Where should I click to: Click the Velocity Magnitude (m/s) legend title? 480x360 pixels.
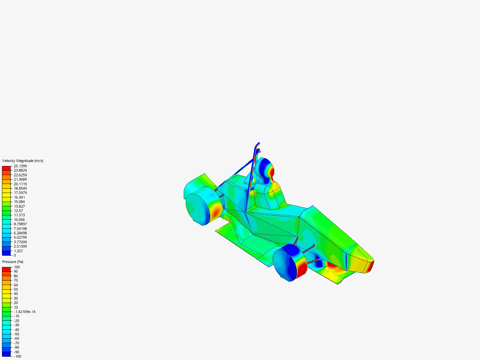point(23,161)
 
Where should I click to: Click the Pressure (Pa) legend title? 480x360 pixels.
point(13,262)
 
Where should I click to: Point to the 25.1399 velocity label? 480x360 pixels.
point(20,166)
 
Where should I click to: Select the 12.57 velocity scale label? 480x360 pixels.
point(18,211)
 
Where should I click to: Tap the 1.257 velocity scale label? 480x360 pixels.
point(18,251)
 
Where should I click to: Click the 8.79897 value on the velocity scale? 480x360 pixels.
point(20,224)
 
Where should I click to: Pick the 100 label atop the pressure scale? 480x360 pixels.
point(17,267)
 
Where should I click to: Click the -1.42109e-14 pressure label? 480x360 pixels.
point(24,312)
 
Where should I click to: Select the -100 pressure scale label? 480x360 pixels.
point(17,357)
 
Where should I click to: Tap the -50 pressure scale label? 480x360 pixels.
point(17,334)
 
